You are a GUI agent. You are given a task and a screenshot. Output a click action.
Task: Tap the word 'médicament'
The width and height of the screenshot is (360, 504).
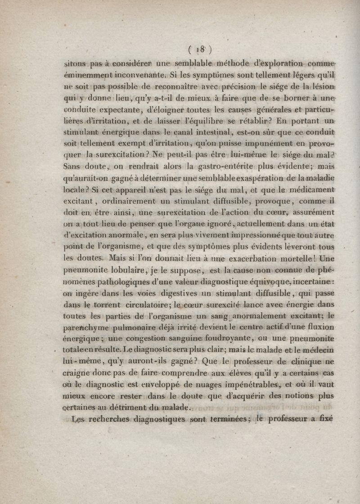(x=310, y=190)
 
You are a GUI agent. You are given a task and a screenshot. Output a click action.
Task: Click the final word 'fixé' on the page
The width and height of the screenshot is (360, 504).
(x=323, y=418)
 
